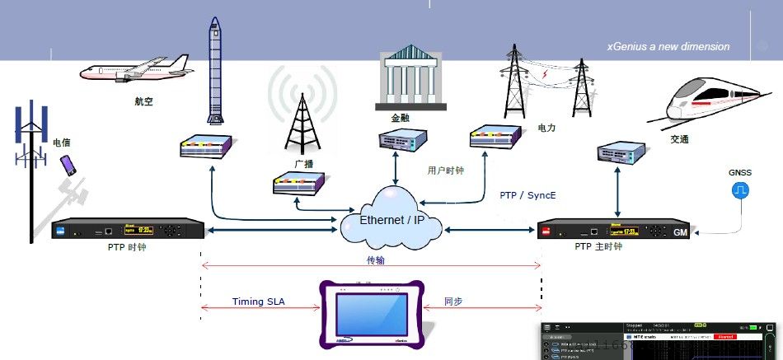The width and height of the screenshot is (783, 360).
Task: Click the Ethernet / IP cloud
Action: click(x=391, y=219)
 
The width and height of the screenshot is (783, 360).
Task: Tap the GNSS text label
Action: click(x=739, y=173)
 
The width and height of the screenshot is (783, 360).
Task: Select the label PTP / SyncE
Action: click(x=527, y=196)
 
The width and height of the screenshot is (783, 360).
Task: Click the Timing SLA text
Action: click(x=258, y=302)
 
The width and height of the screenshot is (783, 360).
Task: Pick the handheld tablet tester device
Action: click(x=372, y=312)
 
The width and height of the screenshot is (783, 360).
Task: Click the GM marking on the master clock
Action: click(x=680, y=233)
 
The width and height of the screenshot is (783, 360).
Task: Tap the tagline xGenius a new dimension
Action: click(x=668, y=47)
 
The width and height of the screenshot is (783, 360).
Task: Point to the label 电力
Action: click(x=546, y=129)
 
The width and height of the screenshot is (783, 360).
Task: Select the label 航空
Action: click(x=143, y=102)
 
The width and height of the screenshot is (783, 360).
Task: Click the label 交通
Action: click(x=679, y=140)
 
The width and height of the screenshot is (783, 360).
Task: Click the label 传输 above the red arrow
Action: click(x=375, y=260)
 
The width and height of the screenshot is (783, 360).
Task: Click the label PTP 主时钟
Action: click(x=599, y=246)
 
